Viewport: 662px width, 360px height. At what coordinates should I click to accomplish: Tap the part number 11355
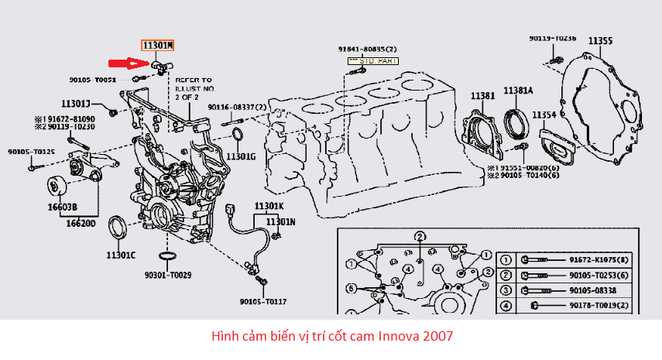pyautogui.click(x=600, y=40)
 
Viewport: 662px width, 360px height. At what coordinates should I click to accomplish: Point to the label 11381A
pyautogui.click(x=518, y=91)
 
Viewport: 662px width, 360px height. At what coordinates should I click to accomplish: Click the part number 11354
pyautogui.click(x=544, y=115)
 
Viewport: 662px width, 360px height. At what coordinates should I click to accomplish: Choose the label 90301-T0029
pyautogui.click(x=163, y=275)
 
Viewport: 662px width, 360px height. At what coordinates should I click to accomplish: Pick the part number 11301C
pyautogui.click(x=121, y=255)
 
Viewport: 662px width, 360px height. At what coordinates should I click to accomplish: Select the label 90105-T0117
pyautogui.click(x=262, y=300)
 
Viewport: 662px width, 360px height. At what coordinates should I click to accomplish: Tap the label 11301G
pyautogui.click(x=241, y=156)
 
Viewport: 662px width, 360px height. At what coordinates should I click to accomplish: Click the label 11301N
pyautogui.click(x=281, y=221)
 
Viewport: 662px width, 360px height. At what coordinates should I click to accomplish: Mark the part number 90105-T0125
pyautogui.click(x=32, y=152)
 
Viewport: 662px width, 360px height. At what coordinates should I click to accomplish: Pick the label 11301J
pyautogui.click(x=77, y=104)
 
